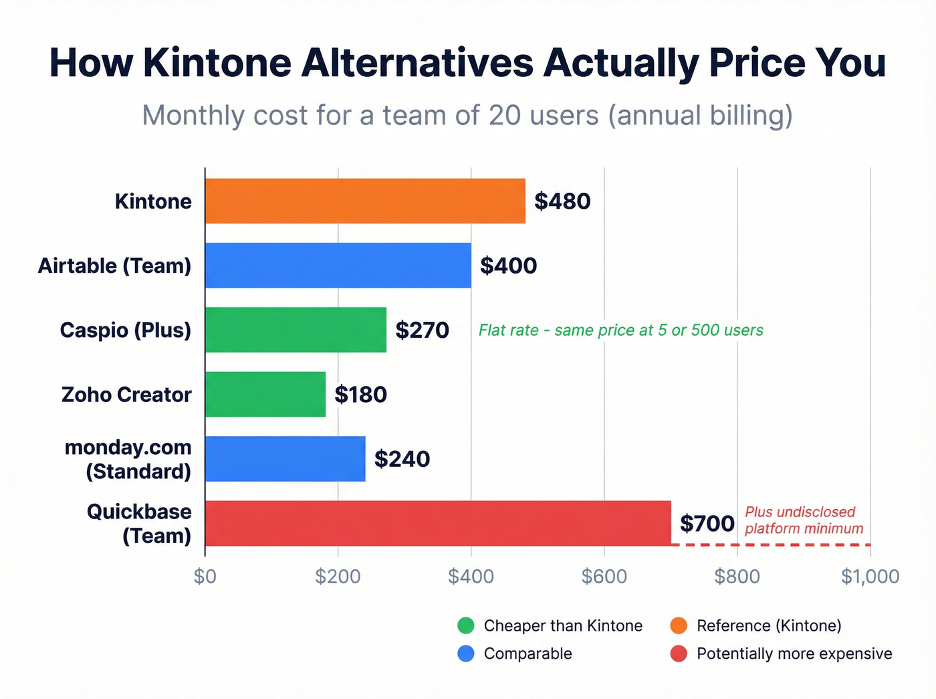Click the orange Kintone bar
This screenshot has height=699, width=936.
(365, 201)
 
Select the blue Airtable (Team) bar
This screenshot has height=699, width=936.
(338, 266)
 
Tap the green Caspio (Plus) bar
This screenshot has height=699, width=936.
(296, 330)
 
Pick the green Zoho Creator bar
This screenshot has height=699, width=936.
(265, 395)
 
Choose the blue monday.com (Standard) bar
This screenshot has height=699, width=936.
(285, 459)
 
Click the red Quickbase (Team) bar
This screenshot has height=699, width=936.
(438, 523)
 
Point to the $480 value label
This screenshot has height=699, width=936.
(562, 201)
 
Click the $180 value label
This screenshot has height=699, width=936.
(361, 395)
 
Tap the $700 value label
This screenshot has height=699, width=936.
(707, 523)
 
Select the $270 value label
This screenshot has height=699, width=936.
(422, 330)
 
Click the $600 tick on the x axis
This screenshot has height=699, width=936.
(604, 577)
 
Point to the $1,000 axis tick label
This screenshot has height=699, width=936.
(870, 577)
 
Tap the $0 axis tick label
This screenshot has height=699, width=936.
(205, 577)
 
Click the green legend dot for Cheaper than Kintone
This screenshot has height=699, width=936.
(466, 625)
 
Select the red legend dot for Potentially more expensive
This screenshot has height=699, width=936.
(679, 654)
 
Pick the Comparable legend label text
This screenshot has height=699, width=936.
(528, 654)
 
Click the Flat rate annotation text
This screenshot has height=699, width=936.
(620, 330)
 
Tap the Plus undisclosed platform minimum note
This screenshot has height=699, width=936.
(804, 520)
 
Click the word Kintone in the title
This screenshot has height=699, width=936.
(217, 63)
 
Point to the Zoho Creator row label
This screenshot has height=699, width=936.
(126, 395)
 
